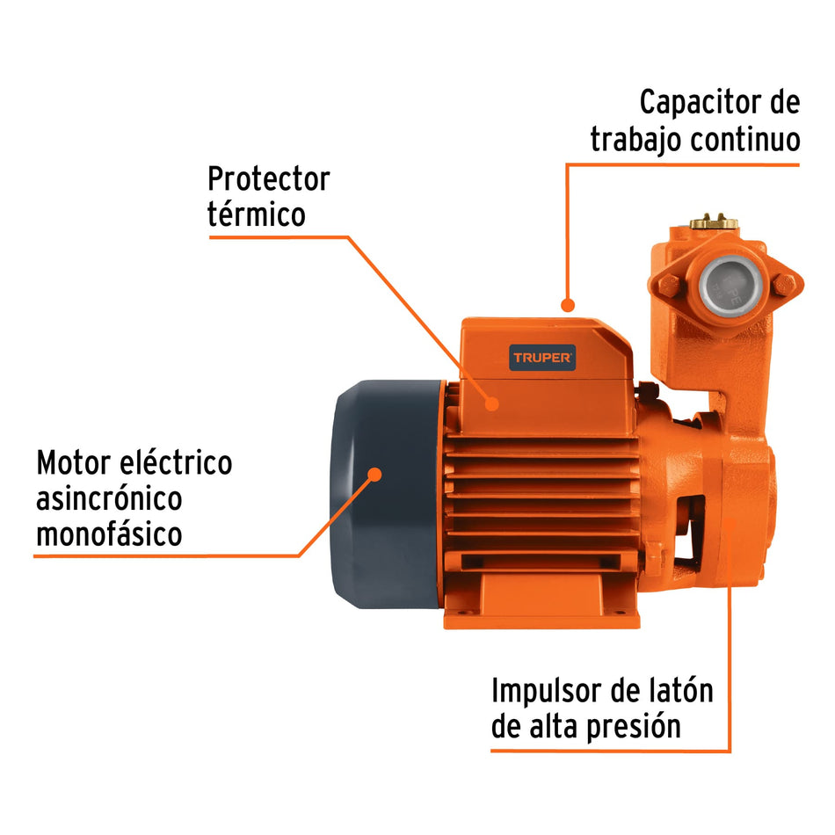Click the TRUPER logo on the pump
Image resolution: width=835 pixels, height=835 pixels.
pyautogui.click(x=543, y=358)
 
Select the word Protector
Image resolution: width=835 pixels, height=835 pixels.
pyautogui.click(x=268, y=179)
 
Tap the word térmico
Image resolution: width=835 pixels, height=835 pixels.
pyautogui.click(x=256, y=215)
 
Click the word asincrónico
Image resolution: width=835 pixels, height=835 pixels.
pyautogui.click(x=109, y=498)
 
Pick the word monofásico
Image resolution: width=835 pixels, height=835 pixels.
pyautogui.click(x=109, y=534)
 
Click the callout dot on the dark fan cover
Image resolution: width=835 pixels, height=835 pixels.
pyautogui.click(x=375, y=474)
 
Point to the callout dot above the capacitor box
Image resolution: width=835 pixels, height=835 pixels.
pyautogui.click(x=568, y=306)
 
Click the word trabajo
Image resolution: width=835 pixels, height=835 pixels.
pyautogui.click(x=636, y=140)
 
